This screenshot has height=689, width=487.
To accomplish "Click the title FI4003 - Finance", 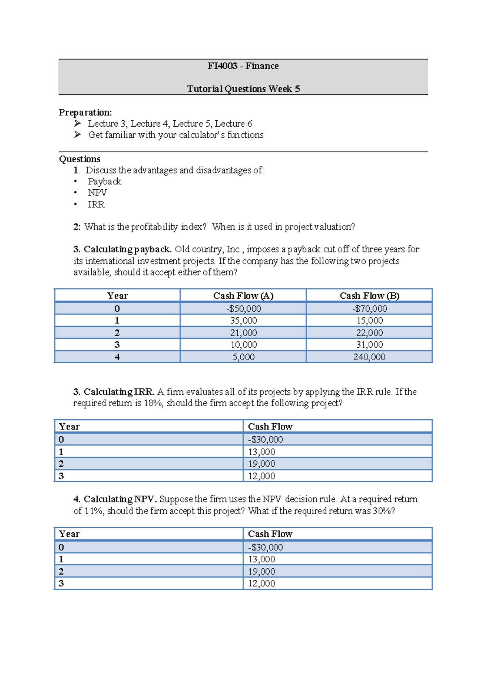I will [243, 66].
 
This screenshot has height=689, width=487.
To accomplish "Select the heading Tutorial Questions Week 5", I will [243, 89].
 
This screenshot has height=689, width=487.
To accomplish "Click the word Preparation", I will [85, 112].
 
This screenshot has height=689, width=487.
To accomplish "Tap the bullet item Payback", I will [104, 181].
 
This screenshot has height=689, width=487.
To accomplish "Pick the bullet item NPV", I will [97, 193].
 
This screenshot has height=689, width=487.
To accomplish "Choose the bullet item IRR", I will [96, 204].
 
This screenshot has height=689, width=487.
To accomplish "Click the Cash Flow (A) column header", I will [243, 296].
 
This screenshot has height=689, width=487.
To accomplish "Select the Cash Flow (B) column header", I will [369, 296].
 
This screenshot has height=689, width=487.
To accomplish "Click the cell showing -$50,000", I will [243, 308].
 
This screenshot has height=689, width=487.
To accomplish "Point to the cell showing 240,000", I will [369, 357].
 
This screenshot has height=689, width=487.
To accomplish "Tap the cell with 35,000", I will [243, 321].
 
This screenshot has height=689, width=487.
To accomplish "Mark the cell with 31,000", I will [369, 344].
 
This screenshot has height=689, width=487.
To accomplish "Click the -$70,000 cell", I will [369, 308].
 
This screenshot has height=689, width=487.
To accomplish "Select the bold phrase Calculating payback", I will [127, 249].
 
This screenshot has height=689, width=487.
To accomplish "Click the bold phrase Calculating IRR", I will [119, 392].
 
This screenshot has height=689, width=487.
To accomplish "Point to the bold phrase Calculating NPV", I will [120, 499].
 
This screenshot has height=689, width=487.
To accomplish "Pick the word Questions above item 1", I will [80, 159].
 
